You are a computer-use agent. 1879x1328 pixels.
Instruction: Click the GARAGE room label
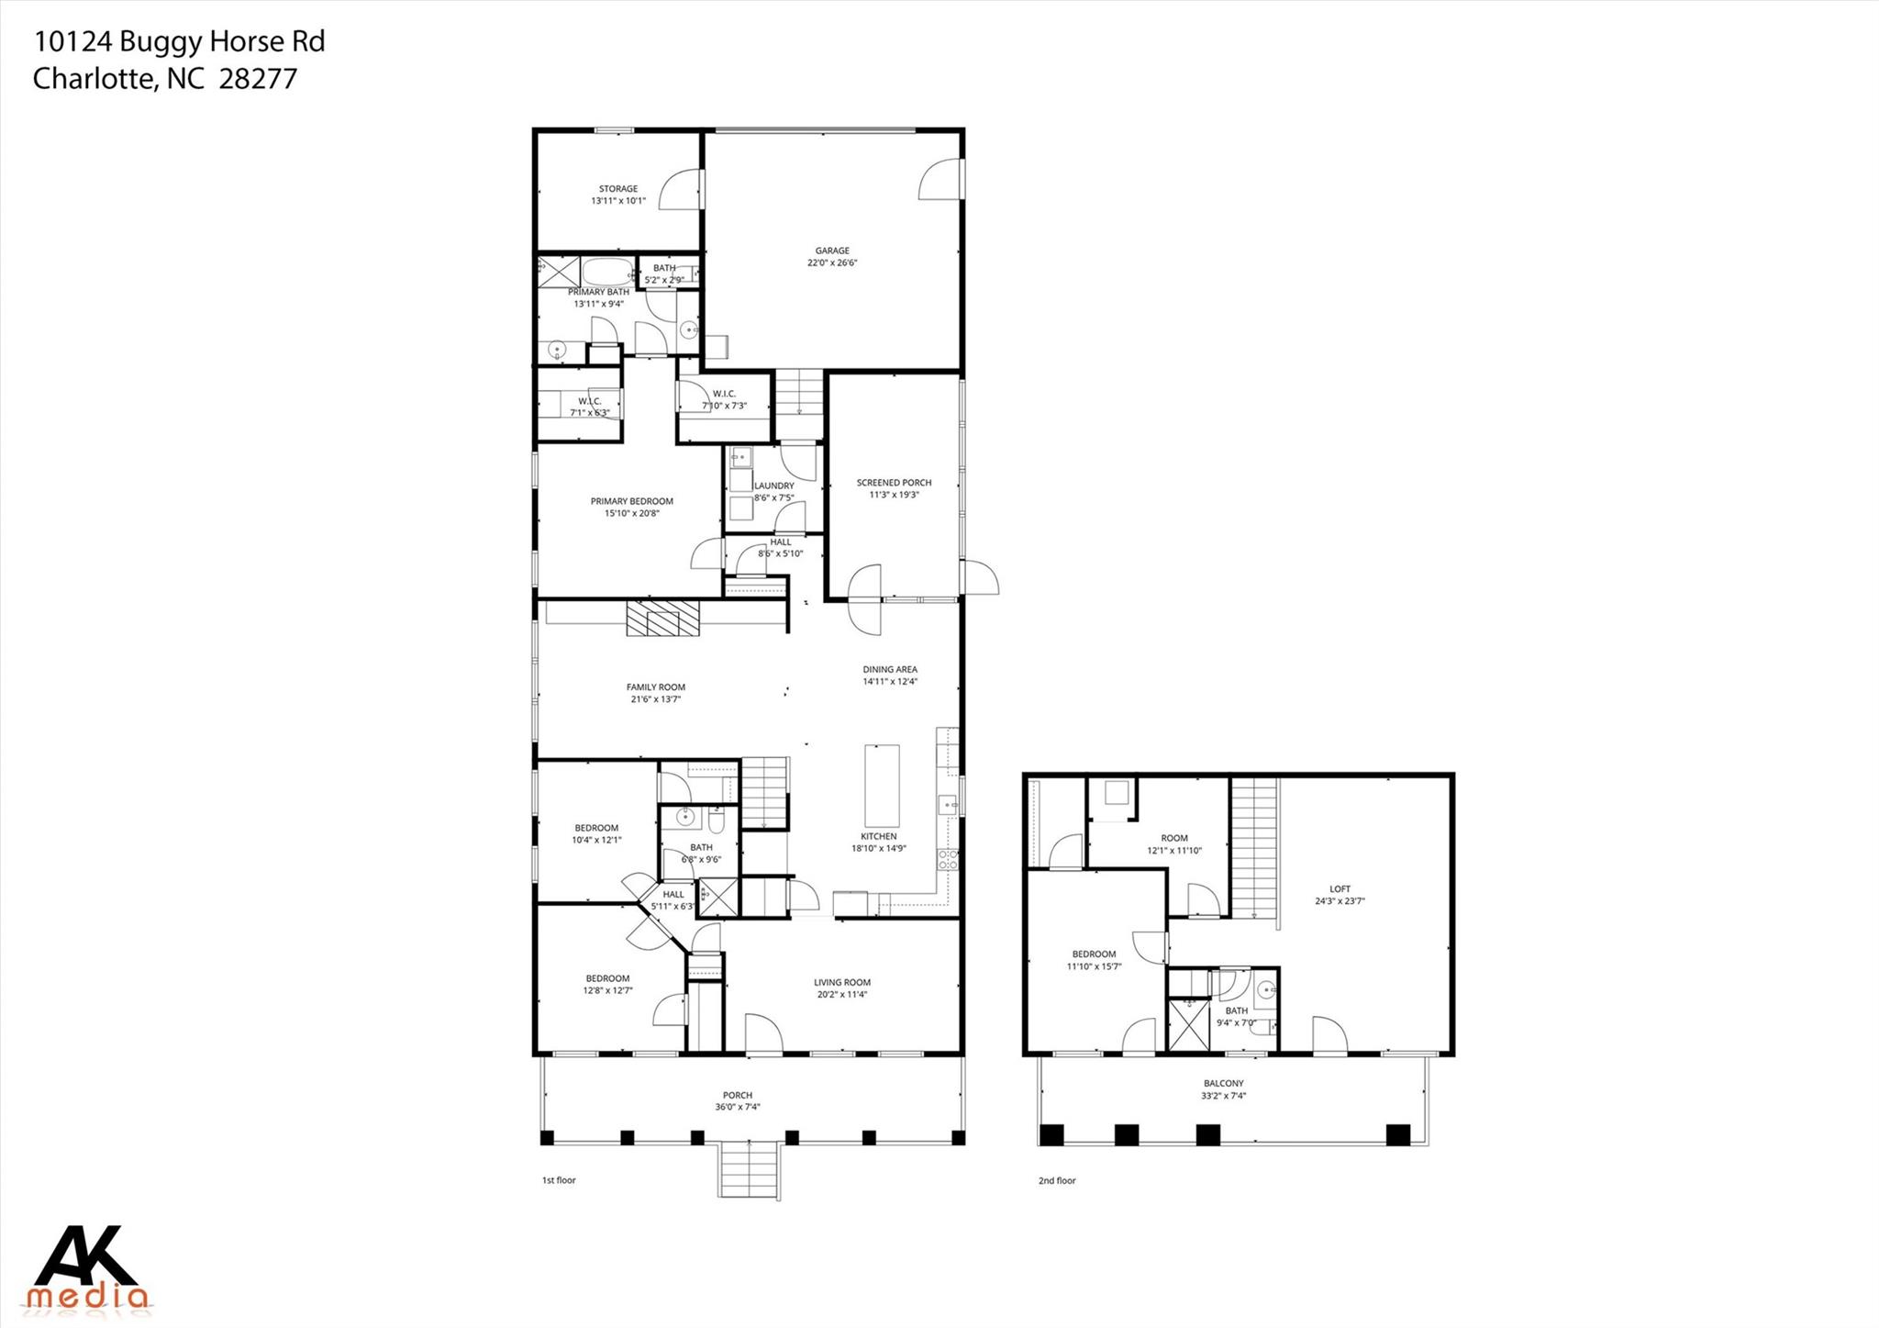[832, 251]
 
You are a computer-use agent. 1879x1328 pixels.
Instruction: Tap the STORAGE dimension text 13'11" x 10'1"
[618, 201]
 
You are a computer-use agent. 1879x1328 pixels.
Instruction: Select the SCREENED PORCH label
[894, 483]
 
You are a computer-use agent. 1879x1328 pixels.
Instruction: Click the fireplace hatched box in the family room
[662, 619]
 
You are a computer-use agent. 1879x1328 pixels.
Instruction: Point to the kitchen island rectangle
[882, 786]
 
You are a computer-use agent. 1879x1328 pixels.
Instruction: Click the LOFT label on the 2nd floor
[1340, 889]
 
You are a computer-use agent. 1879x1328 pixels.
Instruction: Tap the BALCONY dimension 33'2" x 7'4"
[1223, 1096]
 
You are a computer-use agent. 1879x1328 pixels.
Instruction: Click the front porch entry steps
[750, 1169]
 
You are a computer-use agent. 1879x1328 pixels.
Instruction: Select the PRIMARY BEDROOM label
[631, 502]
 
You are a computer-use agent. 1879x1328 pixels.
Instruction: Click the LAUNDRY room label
[773, 486]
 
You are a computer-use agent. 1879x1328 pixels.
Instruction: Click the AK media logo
[88, 1267]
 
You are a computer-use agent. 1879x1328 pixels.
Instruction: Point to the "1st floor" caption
[559, 1180]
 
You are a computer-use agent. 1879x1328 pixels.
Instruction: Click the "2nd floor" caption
[1057, 1181]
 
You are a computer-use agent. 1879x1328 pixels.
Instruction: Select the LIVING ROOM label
[841, 983]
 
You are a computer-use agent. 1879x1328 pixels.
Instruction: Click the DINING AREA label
[889, 670]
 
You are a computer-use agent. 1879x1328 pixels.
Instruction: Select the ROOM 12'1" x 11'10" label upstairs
[1173, 838]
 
